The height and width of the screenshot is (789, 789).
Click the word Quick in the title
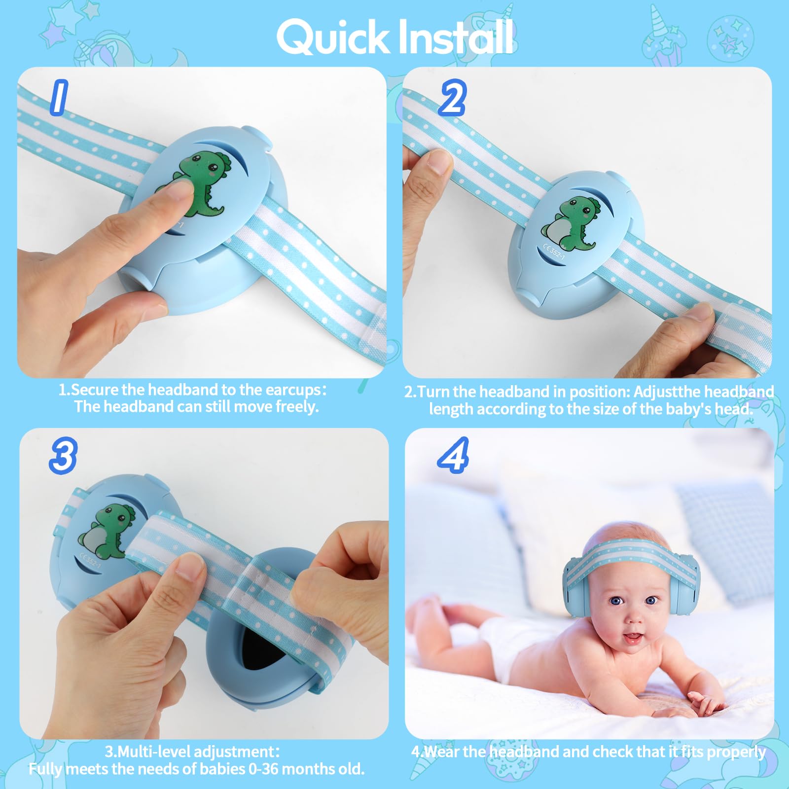(x=333, y=37)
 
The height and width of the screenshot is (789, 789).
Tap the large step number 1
(x=59, y=98)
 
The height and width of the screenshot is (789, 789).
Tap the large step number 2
(x=452, y=98)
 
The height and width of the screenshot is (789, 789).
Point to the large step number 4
(x=453, y=455)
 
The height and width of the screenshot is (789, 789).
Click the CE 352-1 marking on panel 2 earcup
(x=553, y=250)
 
